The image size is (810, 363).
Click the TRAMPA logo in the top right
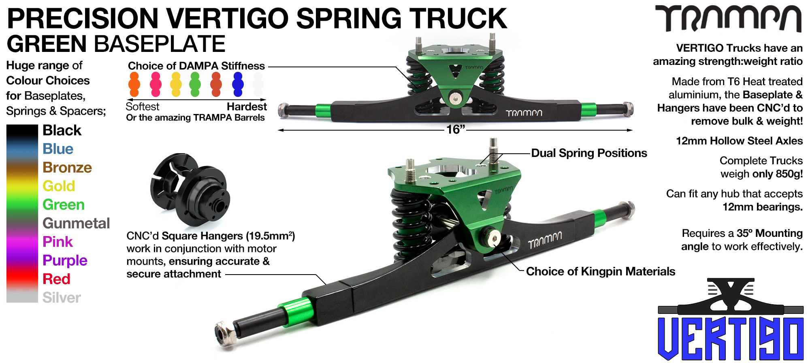729,19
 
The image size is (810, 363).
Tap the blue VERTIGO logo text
731,338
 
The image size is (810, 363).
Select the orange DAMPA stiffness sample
134,84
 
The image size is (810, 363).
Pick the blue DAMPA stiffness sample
238,84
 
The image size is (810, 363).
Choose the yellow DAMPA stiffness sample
176,84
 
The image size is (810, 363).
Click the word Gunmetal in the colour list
76,223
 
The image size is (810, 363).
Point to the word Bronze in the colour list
67,168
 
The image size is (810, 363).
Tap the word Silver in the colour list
62,298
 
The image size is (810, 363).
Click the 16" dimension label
456,130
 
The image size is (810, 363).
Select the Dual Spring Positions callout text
589,153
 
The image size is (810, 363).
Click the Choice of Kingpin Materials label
601,271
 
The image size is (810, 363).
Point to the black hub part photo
190,189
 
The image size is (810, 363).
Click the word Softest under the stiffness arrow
142,107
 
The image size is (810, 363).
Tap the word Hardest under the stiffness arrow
247,107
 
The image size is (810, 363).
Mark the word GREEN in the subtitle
47,44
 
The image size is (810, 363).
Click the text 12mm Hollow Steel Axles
739,141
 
